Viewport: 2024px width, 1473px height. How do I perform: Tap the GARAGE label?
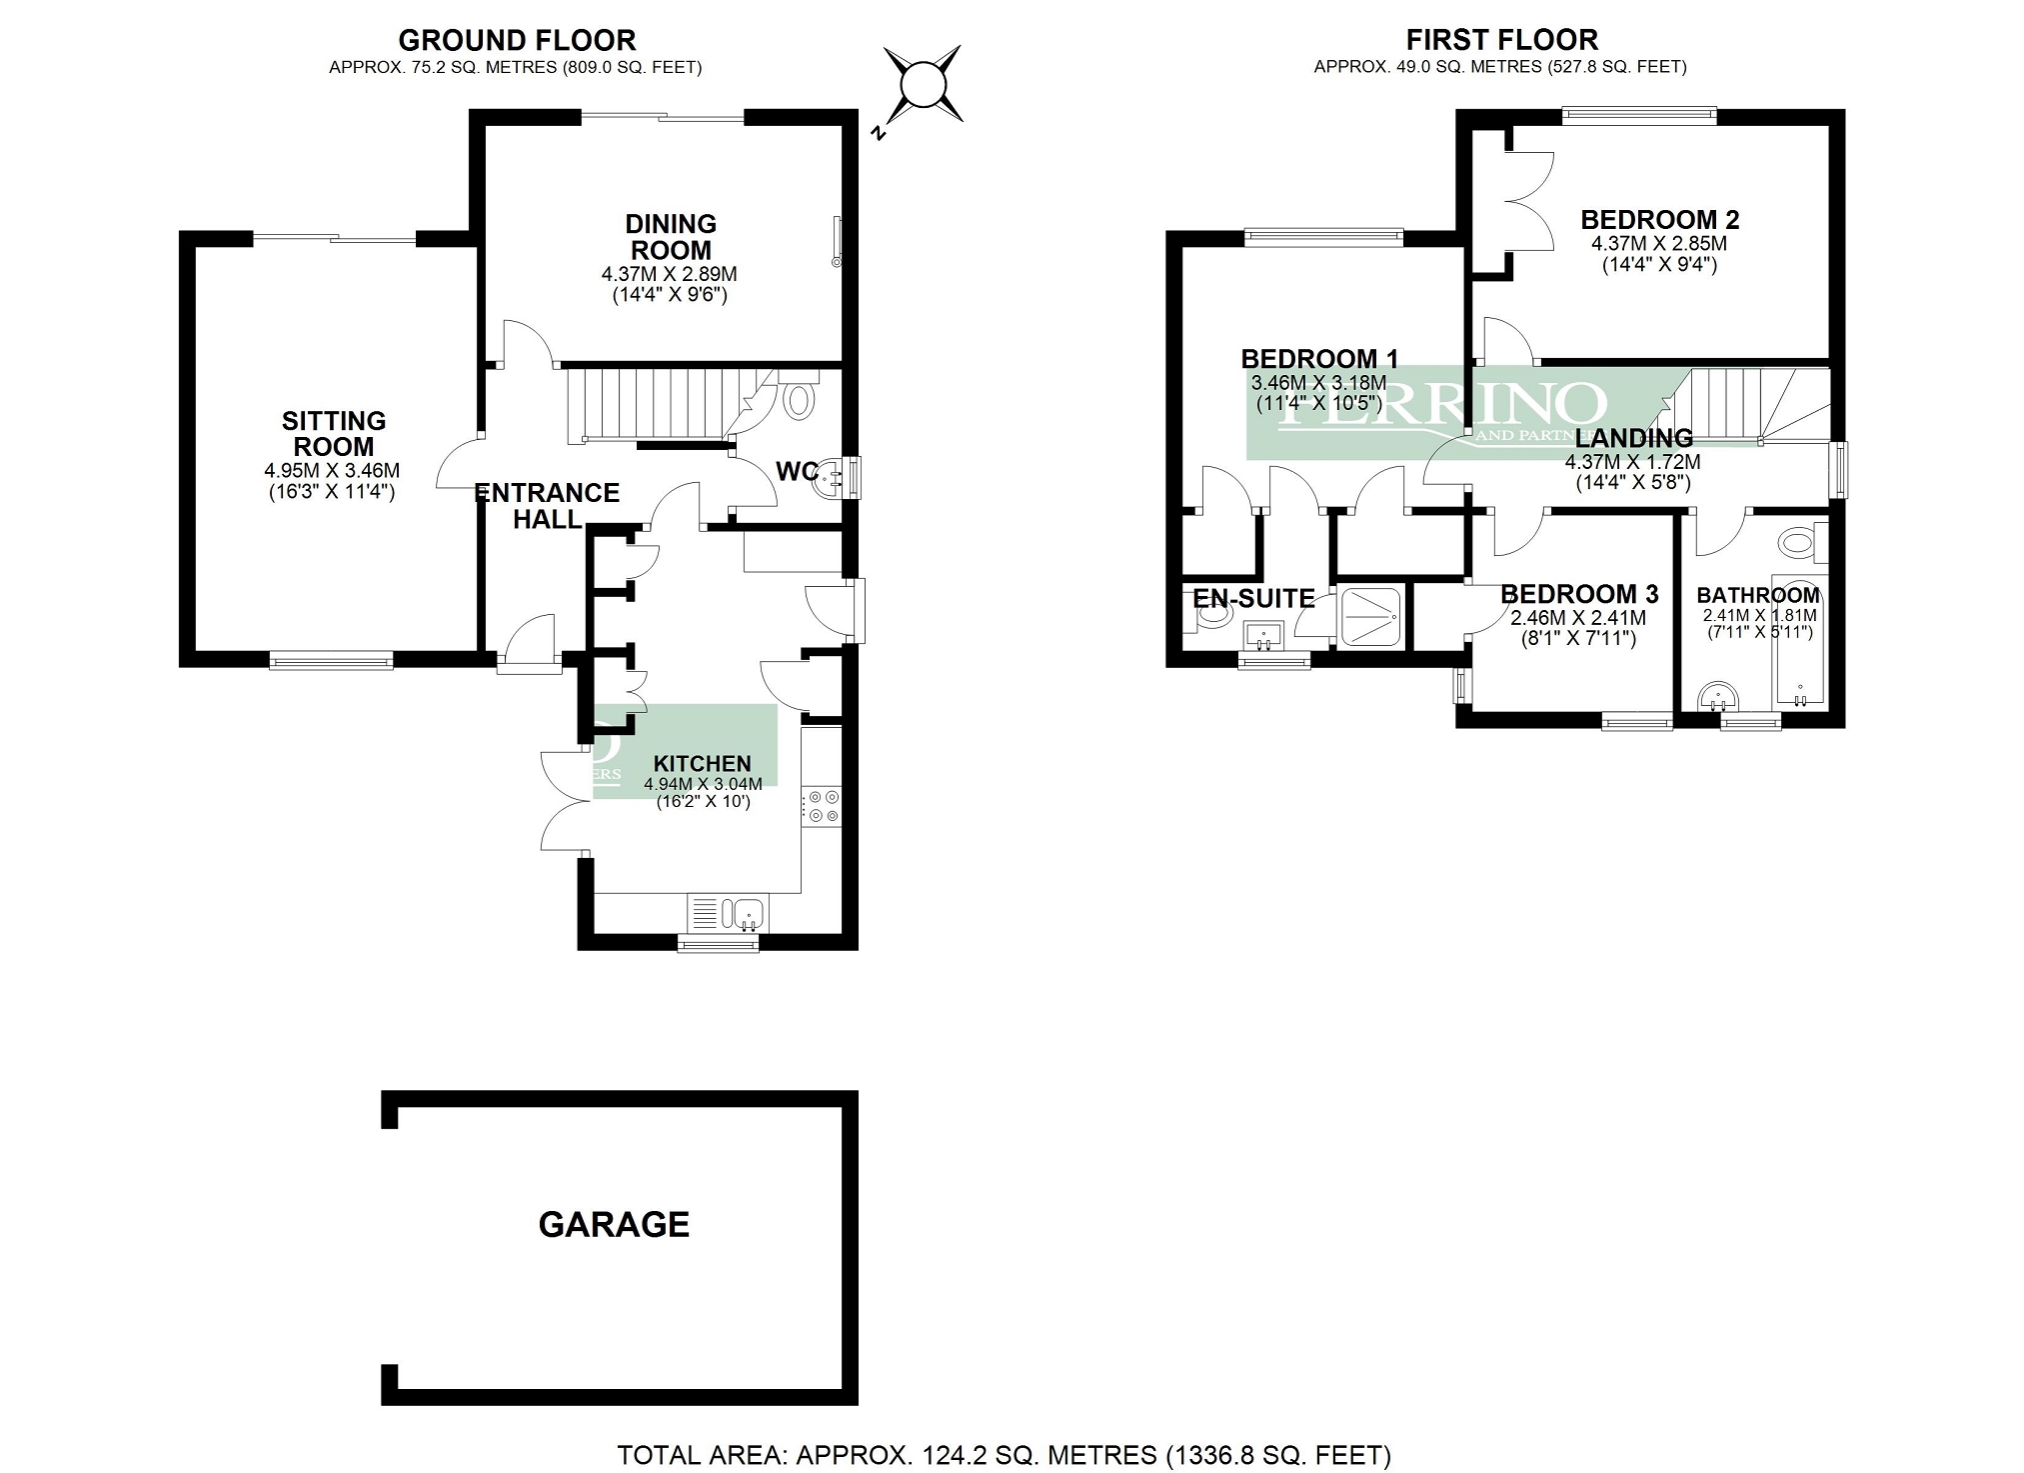614,1224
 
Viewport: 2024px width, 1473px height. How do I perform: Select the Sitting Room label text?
333,433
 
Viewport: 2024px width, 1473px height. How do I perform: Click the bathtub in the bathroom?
1799,640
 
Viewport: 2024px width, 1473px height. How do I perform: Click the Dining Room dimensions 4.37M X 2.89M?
669,274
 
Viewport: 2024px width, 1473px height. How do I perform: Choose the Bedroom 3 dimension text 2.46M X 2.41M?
1578,618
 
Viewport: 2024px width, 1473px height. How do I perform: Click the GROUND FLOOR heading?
517,40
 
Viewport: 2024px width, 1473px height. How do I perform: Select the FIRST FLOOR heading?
1501,40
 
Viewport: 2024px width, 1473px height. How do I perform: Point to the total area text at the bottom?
1004,1454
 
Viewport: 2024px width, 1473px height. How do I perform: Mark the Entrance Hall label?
547,505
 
